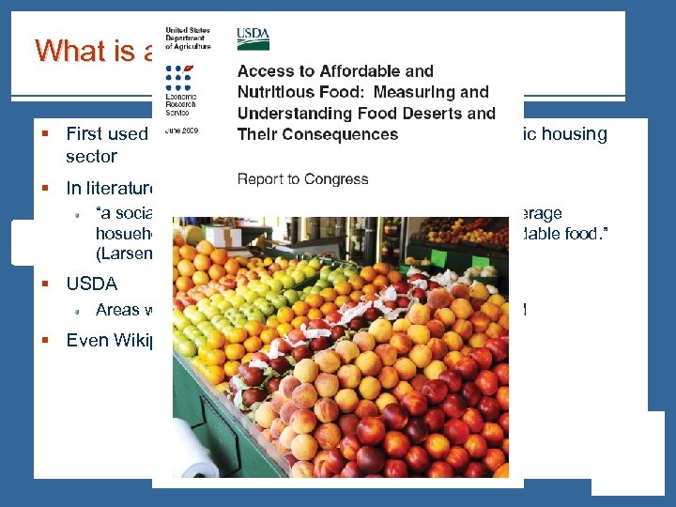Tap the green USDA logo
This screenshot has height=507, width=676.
point(253,38)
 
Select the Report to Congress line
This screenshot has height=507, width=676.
point(302,179)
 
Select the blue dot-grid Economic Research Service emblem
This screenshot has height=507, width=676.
point(177,81)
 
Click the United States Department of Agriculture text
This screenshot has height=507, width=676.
point(188,38)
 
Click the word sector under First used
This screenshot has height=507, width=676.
point(91,157)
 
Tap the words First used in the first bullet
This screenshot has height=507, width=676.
point(106,134)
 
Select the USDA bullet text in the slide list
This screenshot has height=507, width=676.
point(91,283)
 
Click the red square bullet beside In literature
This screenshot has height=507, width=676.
point(44,189)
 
